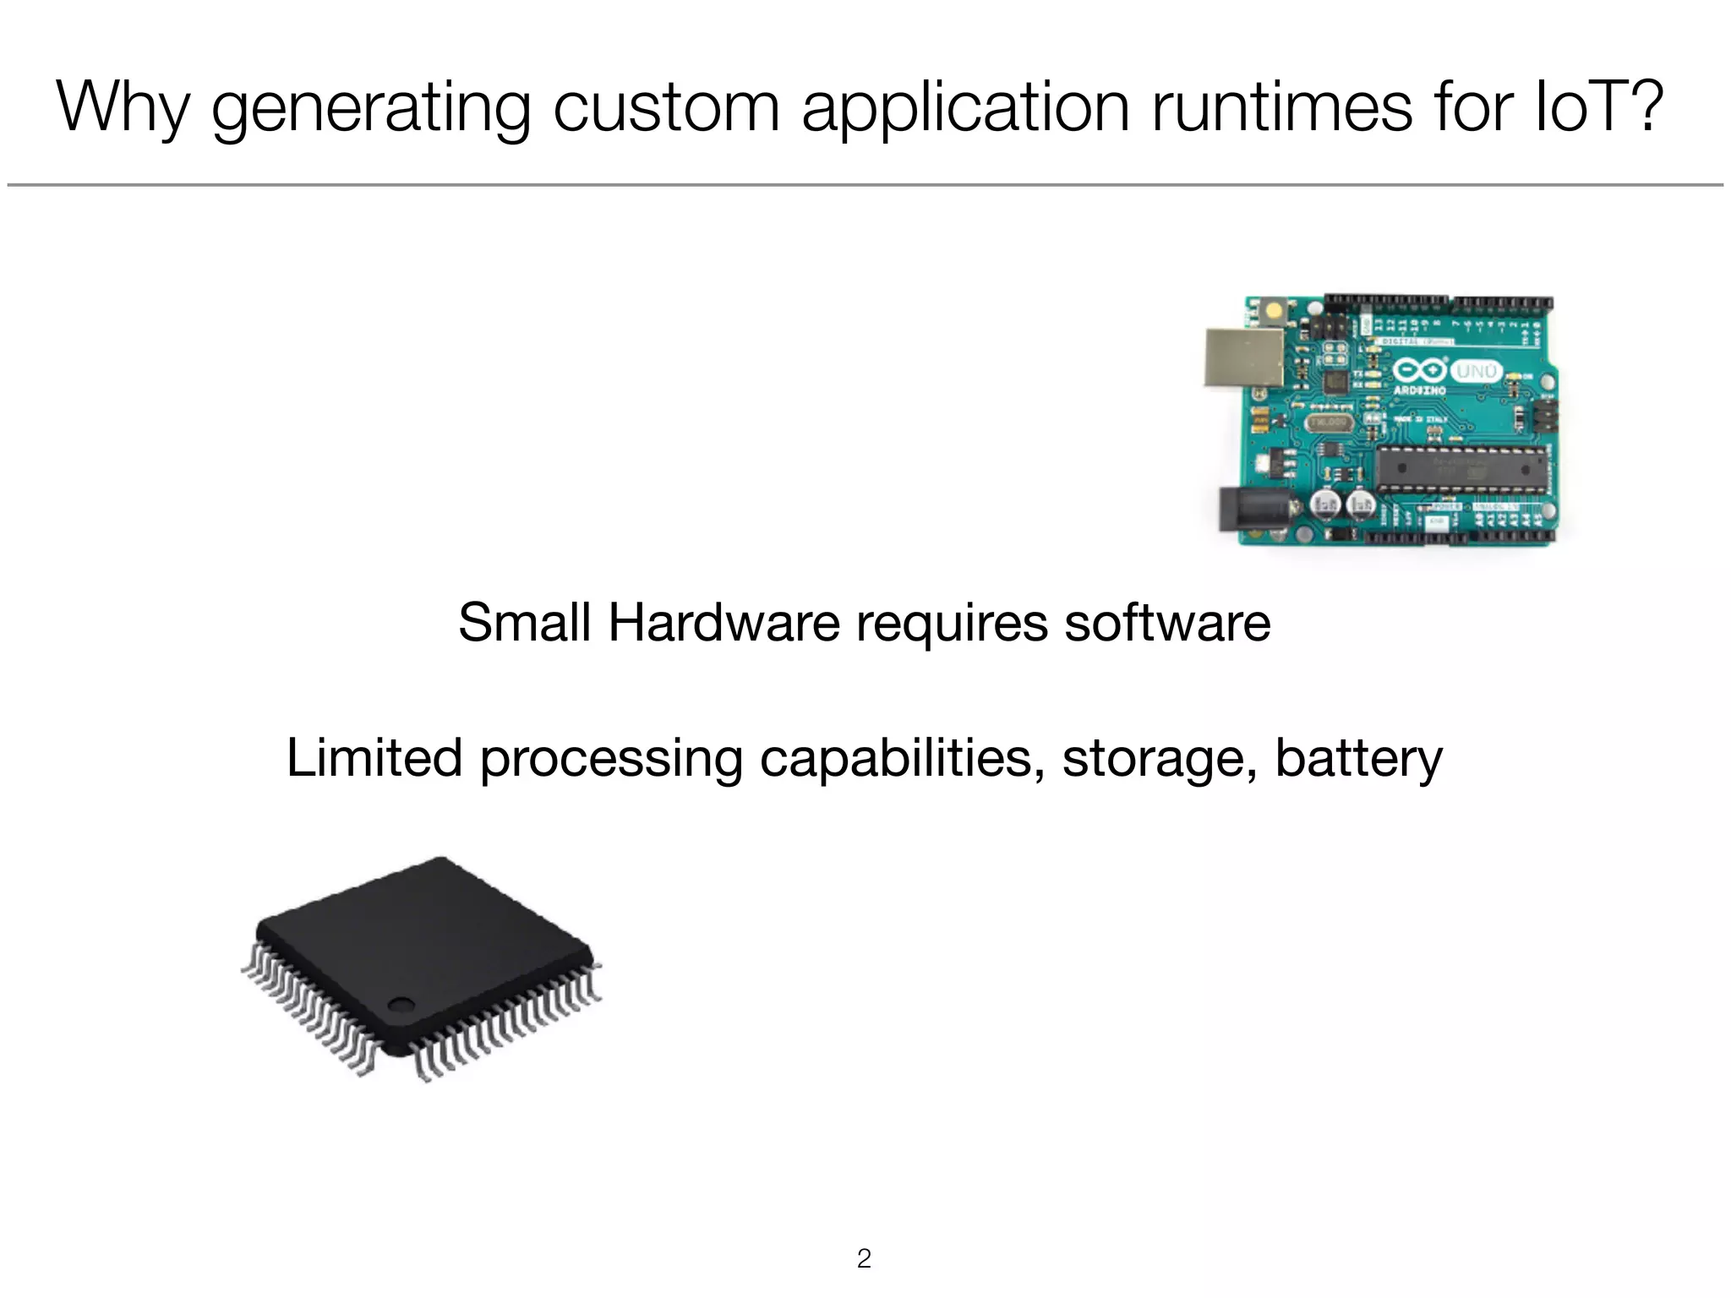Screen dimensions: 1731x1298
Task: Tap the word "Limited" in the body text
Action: click(374, 757)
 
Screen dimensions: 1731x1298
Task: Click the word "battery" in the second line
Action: click(1358, 757)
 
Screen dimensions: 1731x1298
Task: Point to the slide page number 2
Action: click(864, 1258)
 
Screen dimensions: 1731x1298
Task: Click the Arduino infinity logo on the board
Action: click(1420, 371)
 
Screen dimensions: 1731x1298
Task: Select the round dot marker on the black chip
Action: click(401, 1005)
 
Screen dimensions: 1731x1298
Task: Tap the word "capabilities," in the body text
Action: click(901, 759)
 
